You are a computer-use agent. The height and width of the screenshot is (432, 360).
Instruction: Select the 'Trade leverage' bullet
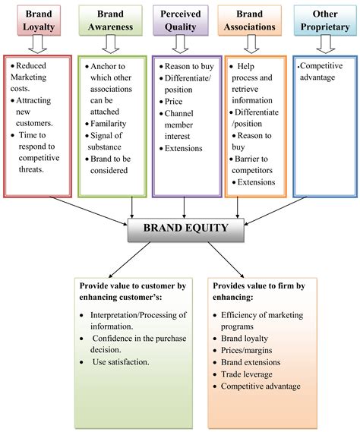coord(251,374)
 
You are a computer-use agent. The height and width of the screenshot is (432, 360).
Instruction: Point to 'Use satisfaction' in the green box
coord(122,362)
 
